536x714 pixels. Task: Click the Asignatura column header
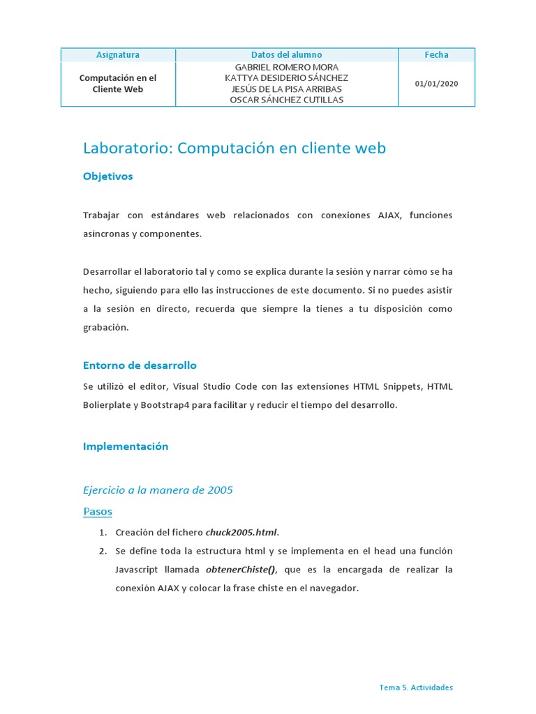(x=117, y=55)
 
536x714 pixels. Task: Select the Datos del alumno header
(x=286, y=55)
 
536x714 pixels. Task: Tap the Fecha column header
(x=436, y=55)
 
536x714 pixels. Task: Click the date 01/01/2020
(x=436, y=84)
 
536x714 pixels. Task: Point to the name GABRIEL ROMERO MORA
(x=286, y=68)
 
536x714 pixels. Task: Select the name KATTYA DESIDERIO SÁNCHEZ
(x=286, y=78)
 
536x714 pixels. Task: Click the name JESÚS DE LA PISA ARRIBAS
(x=286, y=89)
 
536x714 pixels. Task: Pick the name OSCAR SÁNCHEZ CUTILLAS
(x=286, y=100)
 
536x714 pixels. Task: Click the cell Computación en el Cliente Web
(x=117, y=84)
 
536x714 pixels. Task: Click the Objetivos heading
(x=107, y=176)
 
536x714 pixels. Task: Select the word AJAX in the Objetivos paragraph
(x=387, y=215)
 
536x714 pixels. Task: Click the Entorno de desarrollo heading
(x=140, y=365)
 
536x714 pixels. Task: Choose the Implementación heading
(x=126, y=446)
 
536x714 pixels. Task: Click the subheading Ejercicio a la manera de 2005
(x=158, y=490)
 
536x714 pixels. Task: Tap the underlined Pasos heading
(x=97, y=512)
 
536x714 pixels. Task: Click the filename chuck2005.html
(x=241, y=533)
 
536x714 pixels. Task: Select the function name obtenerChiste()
(x=240, y=570)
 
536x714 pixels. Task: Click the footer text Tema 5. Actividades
(x=416, y=688)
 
